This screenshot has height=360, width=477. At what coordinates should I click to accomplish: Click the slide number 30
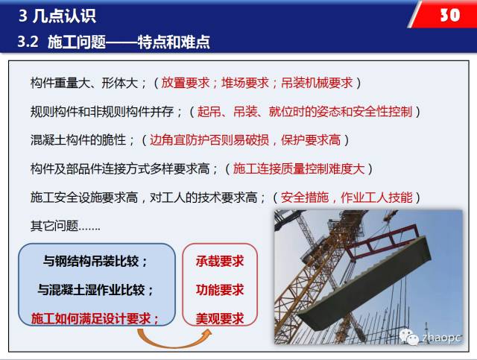coord(450,15)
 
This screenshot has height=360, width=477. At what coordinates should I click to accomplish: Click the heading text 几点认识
coord(65,16)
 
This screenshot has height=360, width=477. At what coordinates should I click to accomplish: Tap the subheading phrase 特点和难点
coord(174,42)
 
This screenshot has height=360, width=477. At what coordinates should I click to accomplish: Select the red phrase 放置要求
coord(186,83)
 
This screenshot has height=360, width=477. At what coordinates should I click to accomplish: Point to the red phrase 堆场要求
coord(245,83)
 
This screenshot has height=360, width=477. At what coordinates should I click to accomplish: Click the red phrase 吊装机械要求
coord(317,83)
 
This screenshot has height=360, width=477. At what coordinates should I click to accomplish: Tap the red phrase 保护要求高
coord(311,140)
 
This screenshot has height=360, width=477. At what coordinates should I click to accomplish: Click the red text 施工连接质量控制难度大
coord(299,168)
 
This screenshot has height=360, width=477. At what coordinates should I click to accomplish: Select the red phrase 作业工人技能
coord(376,198)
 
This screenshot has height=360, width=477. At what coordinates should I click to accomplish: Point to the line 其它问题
coord(65,226)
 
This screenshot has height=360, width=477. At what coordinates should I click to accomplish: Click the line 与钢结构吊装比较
coord(95,261)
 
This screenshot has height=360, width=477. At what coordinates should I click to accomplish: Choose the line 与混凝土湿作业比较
coord(95,290)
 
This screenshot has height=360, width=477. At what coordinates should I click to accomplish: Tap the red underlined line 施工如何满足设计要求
coord(95,318)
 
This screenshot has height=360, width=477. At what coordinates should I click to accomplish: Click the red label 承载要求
coord(220,261)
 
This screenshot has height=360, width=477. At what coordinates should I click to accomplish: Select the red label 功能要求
coord(220,290)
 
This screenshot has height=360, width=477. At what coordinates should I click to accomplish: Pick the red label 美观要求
coord(220,318)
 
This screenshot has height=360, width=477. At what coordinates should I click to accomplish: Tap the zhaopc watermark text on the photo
coord(441,338)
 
